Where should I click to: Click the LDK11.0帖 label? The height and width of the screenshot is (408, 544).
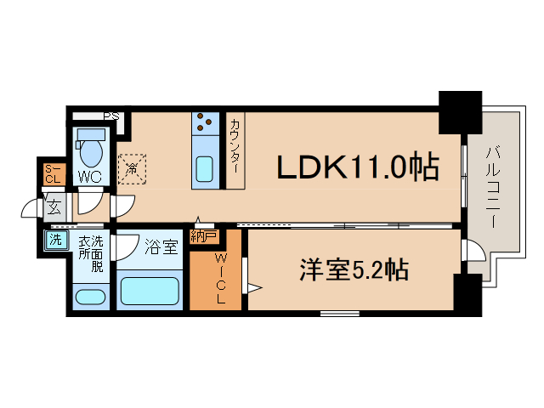pyautogui.click(x=358, y=167)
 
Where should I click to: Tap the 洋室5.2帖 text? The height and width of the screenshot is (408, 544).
pyautogui.click(x=353, y=270)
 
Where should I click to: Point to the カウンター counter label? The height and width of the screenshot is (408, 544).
pyautogui.click(x=235, y=149)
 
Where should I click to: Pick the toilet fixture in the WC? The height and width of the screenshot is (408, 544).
pyautogui.click(x=89, y=148)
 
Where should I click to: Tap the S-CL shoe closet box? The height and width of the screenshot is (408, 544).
pyautogui.click(x=52, y=173)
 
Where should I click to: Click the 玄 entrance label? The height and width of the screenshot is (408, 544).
pyautogui.click(x=53, y=207)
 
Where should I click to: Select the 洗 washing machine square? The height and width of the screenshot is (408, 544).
pyautogui.click(x=55, y=241)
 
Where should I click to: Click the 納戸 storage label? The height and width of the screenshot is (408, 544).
pyautogui.click(x=203, y=235)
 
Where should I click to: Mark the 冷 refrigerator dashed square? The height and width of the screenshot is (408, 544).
pyautogui.click(x=133, y=167)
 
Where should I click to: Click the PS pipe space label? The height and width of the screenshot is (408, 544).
pyautogui.click(x=111, y=116)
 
